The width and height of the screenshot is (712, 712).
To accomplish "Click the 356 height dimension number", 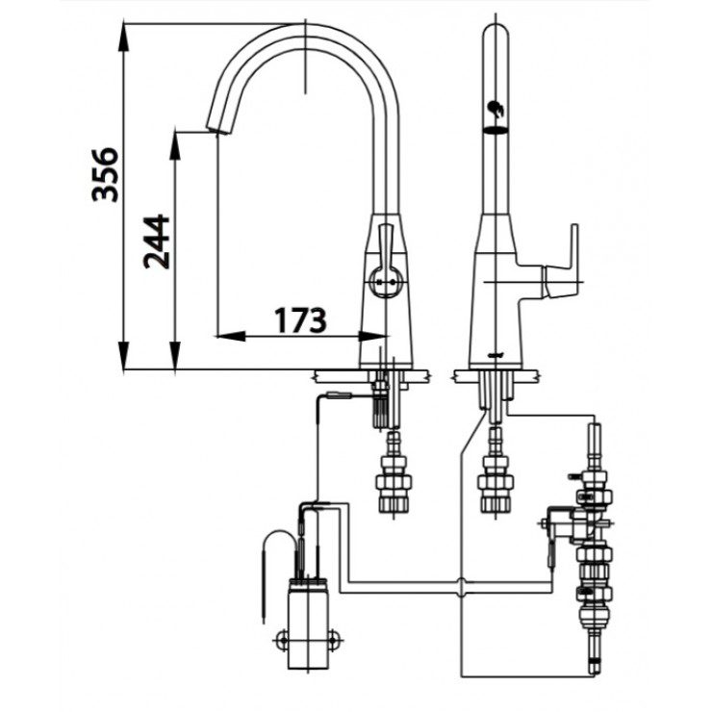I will click(x=105, y=174).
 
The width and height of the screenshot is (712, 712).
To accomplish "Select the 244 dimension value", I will click(x=156, y=242).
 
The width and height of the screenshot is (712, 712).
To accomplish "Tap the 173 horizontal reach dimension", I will click(x=298, y=319).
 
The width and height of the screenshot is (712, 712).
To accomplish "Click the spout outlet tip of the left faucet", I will click(x=216, y=128).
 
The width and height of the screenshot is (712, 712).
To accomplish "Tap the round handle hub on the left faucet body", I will click(x=385, y=283).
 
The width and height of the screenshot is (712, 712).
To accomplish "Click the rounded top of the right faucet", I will click(x=495, y=33).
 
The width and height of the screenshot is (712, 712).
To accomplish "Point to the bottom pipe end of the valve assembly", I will click(x=594, y=663).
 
